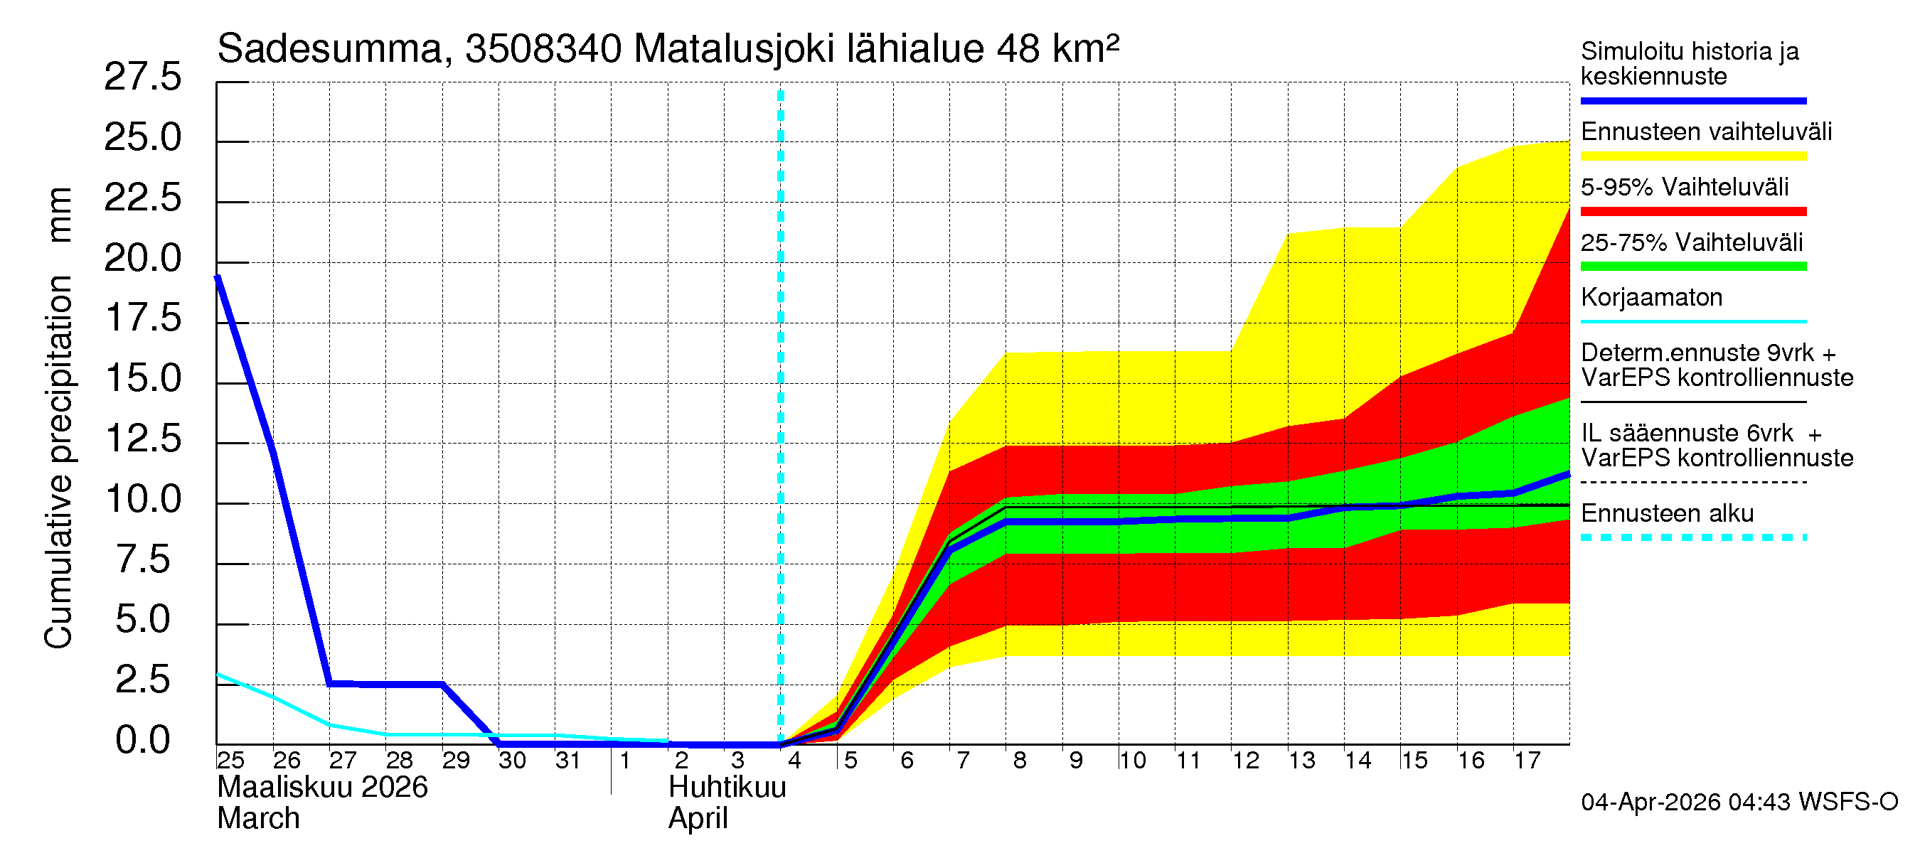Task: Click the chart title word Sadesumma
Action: coord(329,49)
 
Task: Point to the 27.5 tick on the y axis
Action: coord(142,77)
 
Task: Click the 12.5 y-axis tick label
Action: coord(142,439)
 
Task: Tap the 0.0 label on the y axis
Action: coord(142,741)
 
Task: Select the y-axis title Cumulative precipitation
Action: coord(58,462)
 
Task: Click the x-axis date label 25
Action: coord(230,761)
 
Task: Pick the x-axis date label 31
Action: coord(568,761)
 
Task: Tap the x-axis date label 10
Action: coord(1131,761)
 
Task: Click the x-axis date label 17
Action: coord(1527,761)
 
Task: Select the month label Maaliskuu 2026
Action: coord(322,788)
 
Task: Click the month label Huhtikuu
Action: coord(727,788)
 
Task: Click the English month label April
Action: coord(698,819)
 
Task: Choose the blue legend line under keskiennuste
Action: coord(1692,100)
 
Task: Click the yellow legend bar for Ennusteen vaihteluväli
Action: coord(1692,156)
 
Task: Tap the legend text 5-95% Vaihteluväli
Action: coord(1684,187)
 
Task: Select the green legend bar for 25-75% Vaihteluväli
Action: coord(1692,267)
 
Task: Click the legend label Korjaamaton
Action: coord(1651,298)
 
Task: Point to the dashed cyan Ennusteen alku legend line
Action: coord(1692,537)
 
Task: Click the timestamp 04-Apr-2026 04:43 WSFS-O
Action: coord(1739,803)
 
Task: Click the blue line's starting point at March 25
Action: coord(218,277)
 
